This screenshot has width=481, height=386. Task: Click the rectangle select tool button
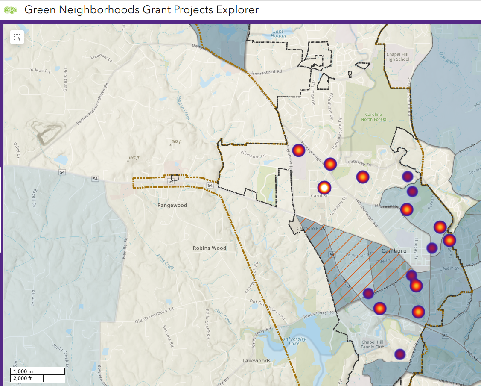point(17,37)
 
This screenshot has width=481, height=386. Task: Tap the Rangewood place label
point(172,205)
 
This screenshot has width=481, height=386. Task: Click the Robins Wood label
point(210,248)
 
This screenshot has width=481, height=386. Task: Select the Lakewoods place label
point(257,361)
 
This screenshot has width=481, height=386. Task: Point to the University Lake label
point(294,342)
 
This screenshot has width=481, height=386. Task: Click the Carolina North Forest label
point(376,117)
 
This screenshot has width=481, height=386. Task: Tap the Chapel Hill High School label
point(397,57)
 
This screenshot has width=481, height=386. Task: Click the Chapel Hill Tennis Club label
point(373,345)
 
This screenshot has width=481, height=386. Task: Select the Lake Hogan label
point(279,34)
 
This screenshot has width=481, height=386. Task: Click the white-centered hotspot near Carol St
point(324,187)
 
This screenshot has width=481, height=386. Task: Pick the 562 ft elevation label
point(176,142)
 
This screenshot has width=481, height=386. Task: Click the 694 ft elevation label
point(134,158)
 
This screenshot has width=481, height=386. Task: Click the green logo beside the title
point(11,10)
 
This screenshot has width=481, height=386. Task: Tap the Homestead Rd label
point(267,73)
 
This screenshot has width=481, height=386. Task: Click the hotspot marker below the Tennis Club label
point(399,354)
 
